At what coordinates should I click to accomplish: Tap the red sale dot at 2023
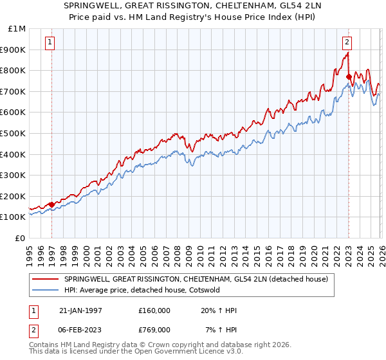348,76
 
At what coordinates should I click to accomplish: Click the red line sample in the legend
45,279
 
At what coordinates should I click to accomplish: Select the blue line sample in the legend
45,291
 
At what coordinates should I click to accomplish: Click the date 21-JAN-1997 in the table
80,310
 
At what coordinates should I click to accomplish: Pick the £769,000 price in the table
154,329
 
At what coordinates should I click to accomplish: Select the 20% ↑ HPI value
219,310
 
